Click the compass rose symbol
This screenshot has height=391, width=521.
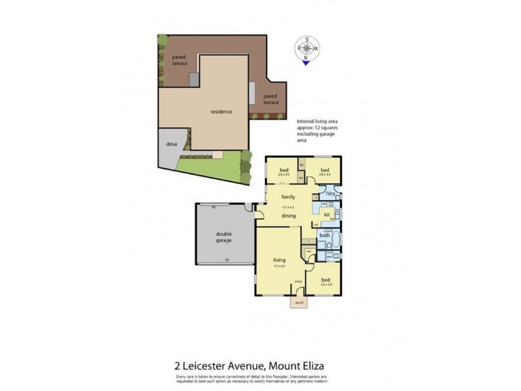pyautogui.click(x=307, y=48)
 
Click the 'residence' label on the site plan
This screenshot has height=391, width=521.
pyautogui.click(x=221, y=112)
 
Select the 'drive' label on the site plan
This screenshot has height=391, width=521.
pyautogui.click(x=172, y=144)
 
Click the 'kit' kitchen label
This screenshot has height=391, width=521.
pyautogui.click(x=328, y=214)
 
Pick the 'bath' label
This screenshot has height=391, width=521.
pyautogui.click(x=324, y=235)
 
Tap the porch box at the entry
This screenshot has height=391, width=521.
pyautogui.click(x=300, y=303)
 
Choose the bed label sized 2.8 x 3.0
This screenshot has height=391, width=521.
pyautogui.click(x=283, y=171)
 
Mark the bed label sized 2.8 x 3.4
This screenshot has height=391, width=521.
pyautogui.click(x=324, y=171)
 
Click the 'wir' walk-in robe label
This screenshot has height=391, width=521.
pyautogui.click(x=308, y=250)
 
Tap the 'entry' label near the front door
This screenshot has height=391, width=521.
pyautogui.click(x=298, y=282)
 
